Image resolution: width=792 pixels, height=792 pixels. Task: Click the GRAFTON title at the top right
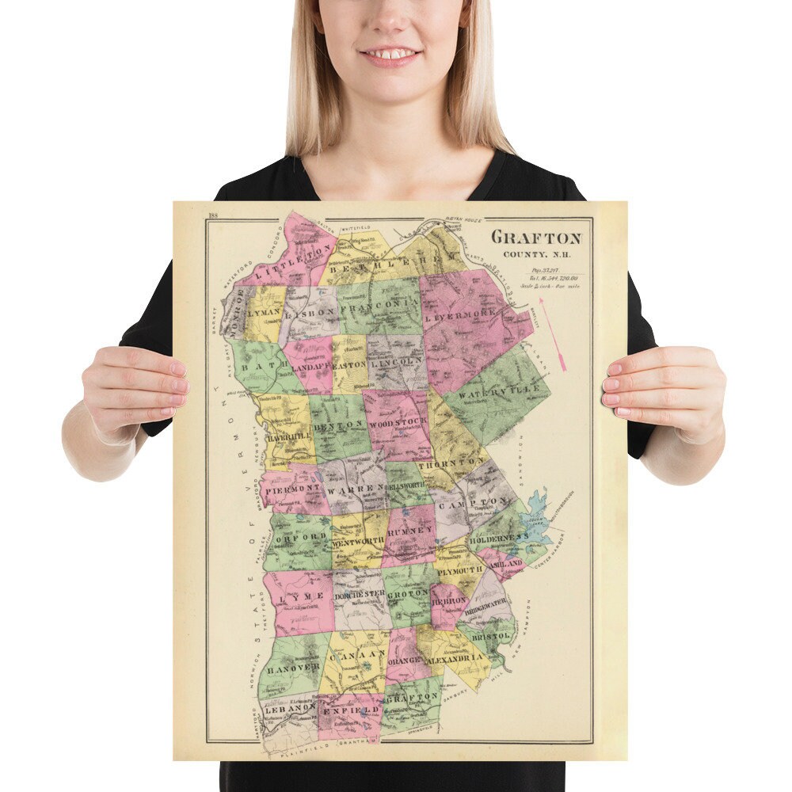[x=536, y=237]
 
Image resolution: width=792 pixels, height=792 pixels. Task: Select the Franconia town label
[x=378, y=303]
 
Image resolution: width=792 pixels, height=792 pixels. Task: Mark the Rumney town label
[x=409, y=531]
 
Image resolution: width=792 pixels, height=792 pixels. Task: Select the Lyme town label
[x=303, y=595]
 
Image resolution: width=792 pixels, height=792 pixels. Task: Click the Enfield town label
[x=347, y=711]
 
